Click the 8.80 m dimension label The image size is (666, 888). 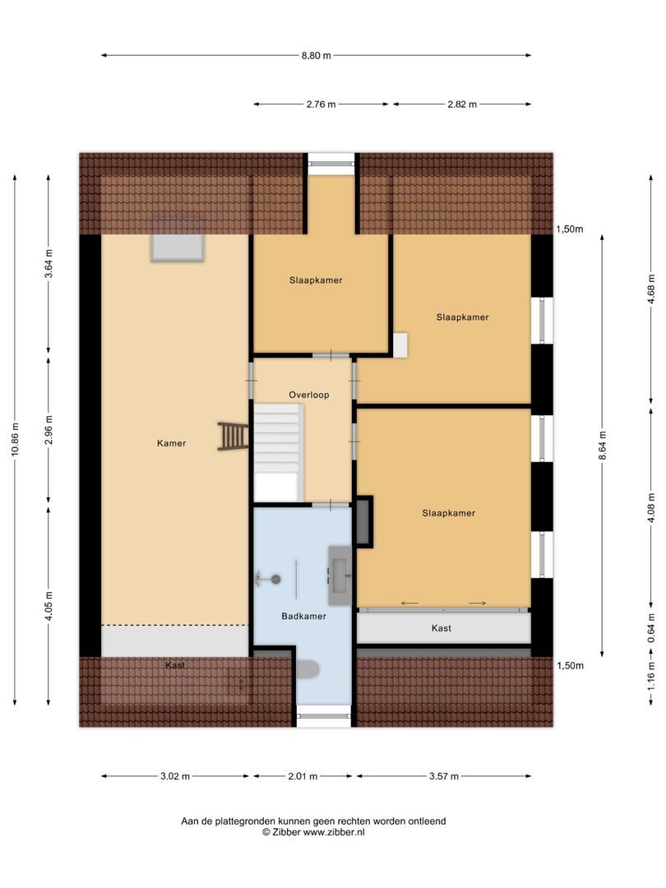pos(316,56)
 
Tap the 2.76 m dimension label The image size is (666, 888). pos(321,104)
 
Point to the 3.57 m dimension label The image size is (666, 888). pos(443,776)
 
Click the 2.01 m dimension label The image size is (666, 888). pos(303,776)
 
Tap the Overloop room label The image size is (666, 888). pos(308,395)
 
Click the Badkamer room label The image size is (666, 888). pos(303,616)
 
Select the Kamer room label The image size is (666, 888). pos(172,443)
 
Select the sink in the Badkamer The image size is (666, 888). pos(340,569)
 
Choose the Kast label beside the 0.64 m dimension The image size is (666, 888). pos(442,628)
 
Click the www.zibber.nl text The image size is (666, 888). pos(335,832)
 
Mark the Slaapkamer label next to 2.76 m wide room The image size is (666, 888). pos(316,280)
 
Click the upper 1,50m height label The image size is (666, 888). pos(568,229)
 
